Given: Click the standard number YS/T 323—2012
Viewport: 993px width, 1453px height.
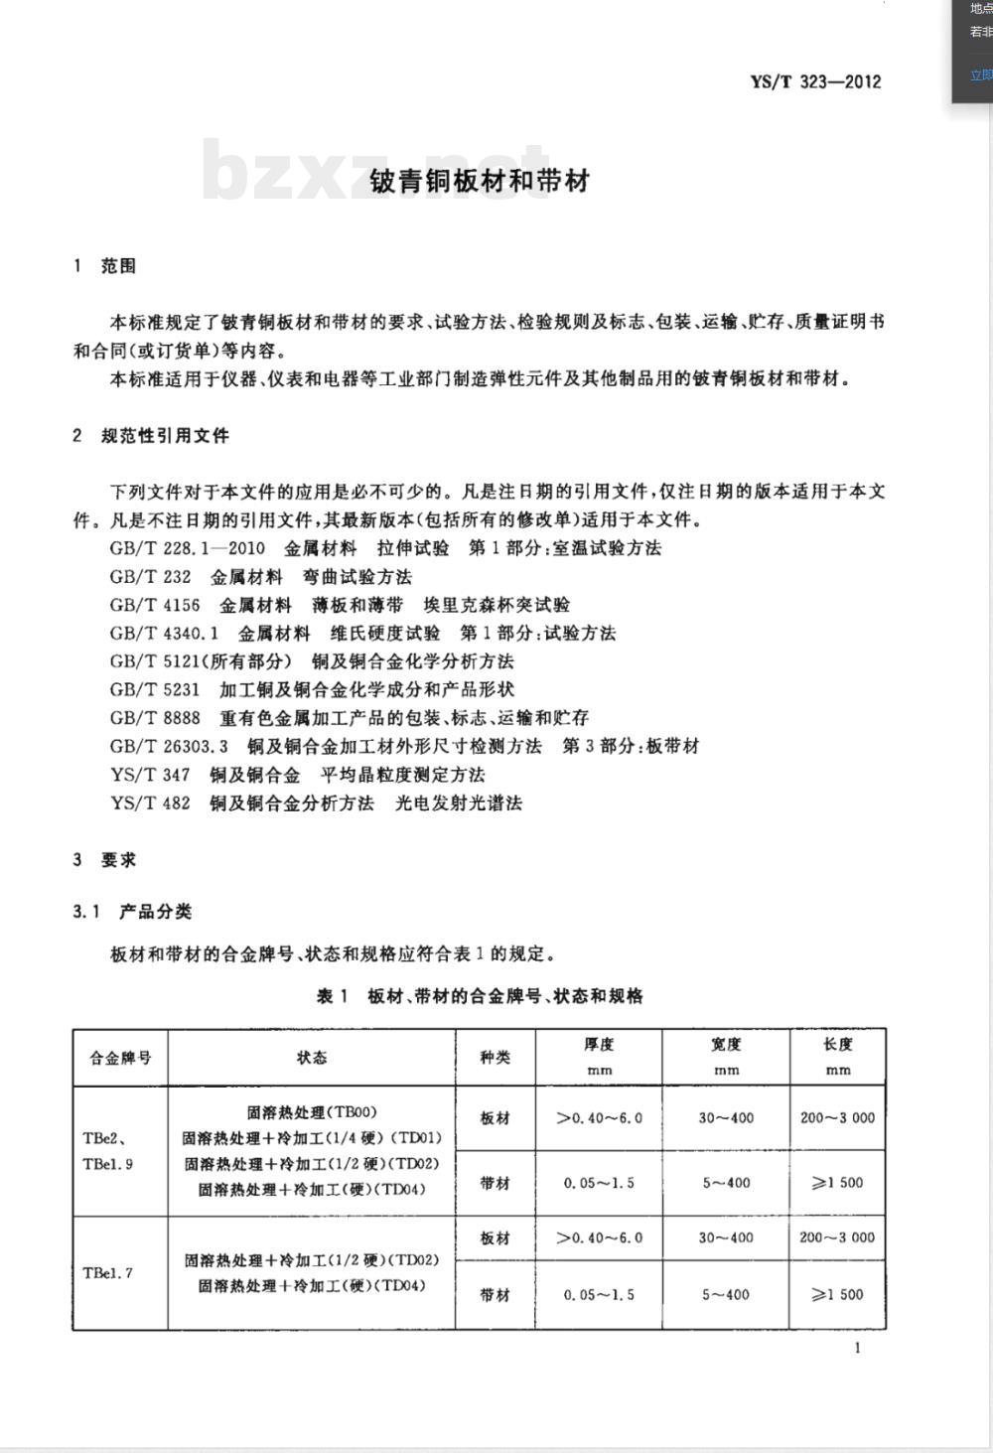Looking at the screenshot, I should coord(815,81).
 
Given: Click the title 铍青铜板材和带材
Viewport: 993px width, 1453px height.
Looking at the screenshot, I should coord(480,181).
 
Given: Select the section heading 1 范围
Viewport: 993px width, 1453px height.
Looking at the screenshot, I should coord(104,266).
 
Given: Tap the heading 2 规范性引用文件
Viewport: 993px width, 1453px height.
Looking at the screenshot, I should coord(151,435).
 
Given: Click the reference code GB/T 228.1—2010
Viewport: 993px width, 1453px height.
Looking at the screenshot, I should coord(188,548).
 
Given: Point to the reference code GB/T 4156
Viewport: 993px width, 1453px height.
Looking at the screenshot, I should coord(155,605).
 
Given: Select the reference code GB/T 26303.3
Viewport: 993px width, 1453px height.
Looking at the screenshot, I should coord(169,746).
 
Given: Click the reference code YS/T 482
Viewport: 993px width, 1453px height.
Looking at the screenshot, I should coord(150,802).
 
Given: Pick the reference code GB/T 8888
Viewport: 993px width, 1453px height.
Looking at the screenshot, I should coord(155,717).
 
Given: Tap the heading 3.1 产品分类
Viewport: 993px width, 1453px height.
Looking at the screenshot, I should coord(132,911).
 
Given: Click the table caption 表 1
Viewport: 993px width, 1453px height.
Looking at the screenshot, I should coord(332,996).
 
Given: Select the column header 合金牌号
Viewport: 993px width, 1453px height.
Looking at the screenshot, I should coord(120,1058).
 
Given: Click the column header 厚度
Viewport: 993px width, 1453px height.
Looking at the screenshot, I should coord(599,1045).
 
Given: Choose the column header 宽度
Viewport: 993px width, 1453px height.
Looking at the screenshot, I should coord(726,1045).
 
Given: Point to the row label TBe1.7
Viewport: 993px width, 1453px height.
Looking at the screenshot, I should coord(108,1273).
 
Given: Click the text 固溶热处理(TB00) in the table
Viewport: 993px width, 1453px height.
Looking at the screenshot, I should coord(312,1112).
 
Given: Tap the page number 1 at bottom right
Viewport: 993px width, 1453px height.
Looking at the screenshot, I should coord(857,1348).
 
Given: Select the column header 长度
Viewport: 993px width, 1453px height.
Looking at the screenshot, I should coord(837,1045).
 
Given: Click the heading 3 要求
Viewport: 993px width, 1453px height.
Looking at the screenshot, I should coord(104,860).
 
